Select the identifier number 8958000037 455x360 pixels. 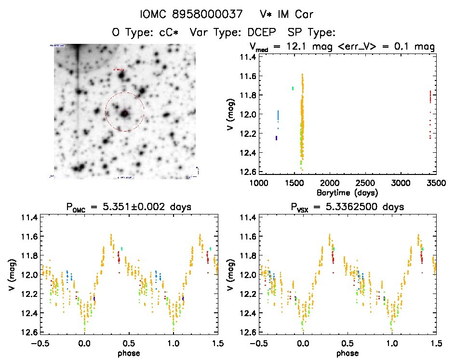pos(208,14)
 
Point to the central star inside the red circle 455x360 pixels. pos(125,113)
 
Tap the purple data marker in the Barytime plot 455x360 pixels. pos(276,138)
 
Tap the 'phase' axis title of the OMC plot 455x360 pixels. pos(129,353)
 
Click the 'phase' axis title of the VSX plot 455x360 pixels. pos(348,353)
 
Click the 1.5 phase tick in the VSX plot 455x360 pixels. pos(436,343)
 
